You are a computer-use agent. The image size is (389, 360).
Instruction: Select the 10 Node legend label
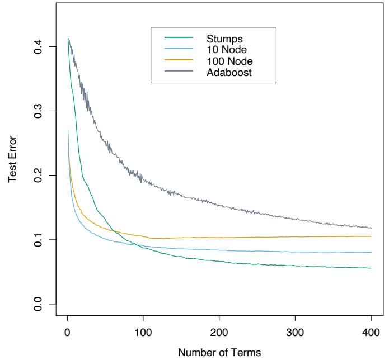pyautogui.click(x=223, y=50)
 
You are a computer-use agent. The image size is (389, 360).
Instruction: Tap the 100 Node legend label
pyautogui.click(x=225, y=61)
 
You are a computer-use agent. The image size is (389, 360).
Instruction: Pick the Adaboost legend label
pyautogui.click(x=227, y=72)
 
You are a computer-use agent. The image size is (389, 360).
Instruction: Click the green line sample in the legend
pyautogui.click(x=179, y=39)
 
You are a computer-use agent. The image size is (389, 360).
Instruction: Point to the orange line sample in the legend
pyautogui.click(x=179, y=60)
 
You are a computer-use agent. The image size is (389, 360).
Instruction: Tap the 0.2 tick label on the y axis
pyautogui.click(x=39, y=176)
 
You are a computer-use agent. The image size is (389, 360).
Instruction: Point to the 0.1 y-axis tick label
pyautogui.click(x=39, y=240)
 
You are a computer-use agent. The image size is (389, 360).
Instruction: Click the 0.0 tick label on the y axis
pyautogui.click(x=39, y=304)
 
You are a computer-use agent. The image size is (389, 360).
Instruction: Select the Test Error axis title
pyautogui.click(x=12, y=176)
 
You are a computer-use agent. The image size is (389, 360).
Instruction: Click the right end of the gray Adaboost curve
pyautogui.click(x=371, y=228)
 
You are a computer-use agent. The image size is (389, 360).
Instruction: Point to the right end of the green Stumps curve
pyautogui.click(x=371, y=268)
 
